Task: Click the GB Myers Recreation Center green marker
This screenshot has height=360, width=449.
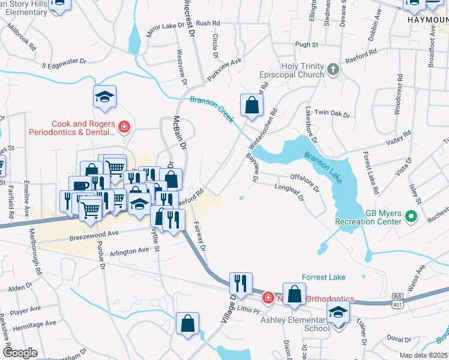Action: point(411,215)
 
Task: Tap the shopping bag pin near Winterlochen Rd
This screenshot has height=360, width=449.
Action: point(252,106)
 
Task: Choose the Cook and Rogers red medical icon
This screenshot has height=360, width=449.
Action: point(124,127)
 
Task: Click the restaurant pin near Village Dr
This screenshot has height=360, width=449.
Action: point(241,284)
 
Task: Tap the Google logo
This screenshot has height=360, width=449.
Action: point(20,353)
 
